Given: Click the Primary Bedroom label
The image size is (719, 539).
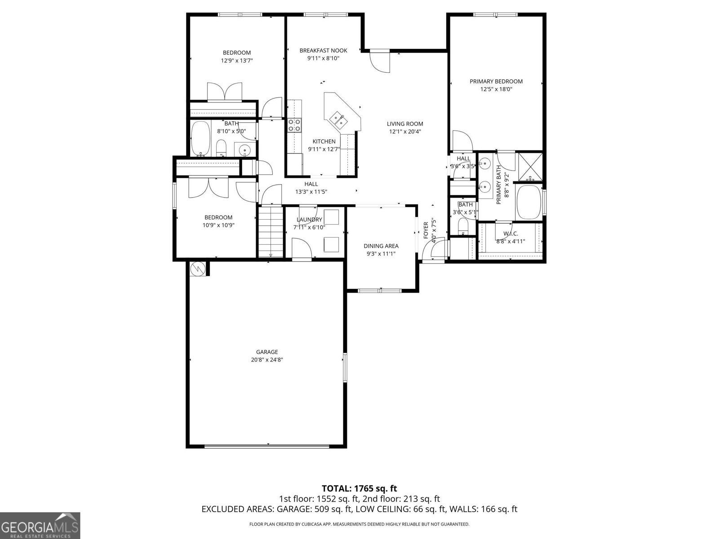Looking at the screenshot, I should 496,81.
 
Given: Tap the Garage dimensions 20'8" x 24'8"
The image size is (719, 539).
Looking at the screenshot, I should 267,360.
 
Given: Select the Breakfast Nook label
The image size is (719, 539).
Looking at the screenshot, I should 323,50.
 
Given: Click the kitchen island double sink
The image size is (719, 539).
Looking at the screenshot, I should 338,119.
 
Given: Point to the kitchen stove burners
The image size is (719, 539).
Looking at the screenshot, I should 294,125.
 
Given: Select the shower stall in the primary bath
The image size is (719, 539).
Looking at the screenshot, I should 530,165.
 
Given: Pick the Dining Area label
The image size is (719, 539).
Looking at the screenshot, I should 381,246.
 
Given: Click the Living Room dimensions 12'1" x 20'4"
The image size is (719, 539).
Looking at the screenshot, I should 405,132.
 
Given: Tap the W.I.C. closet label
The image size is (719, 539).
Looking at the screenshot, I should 510,234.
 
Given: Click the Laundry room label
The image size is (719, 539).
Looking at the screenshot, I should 309,220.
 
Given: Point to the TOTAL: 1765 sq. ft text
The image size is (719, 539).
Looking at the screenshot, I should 359,488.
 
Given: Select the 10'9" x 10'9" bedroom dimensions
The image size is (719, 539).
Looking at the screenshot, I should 218,225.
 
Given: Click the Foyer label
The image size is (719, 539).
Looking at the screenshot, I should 426,230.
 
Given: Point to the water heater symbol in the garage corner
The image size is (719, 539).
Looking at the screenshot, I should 198,269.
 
